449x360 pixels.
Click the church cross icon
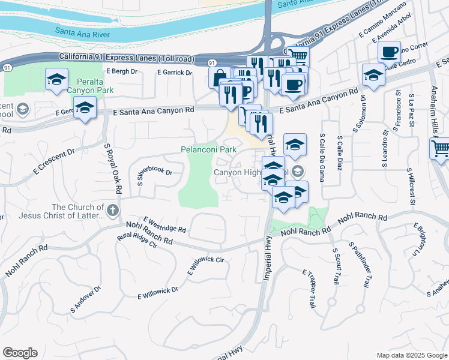(x=113, y=211)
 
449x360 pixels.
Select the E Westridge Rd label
(x=165, y=226)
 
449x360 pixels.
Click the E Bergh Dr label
(x=121, y=71)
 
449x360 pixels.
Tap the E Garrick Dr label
(x=174, y=73)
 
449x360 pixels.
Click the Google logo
(x=20, y=353)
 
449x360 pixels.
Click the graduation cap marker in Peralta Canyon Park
(x=56, y=80)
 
